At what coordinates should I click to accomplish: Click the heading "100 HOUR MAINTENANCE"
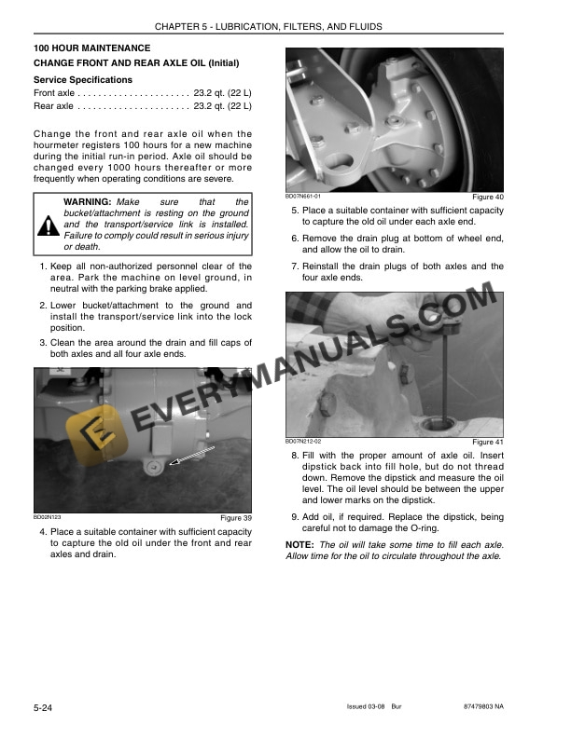click(91, 48)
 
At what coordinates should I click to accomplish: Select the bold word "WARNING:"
click(88, 202)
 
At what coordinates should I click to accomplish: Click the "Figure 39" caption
click(235, 518)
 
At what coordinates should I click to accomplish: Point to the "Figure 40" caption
click(487, 198)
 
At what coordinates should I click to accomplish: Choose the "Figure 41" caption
click(487, 442)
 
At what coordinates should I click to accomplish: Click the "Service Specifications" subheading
click(82, 80)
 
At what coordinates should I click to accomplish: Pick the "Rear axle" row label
click(53, 106)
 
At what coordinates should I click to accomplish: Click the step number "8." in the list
click(295, 455)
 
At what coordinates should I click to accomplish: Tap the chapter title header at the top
click(285, 26)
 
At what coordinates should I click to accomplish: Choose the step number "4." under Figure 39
click(43, 531)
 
